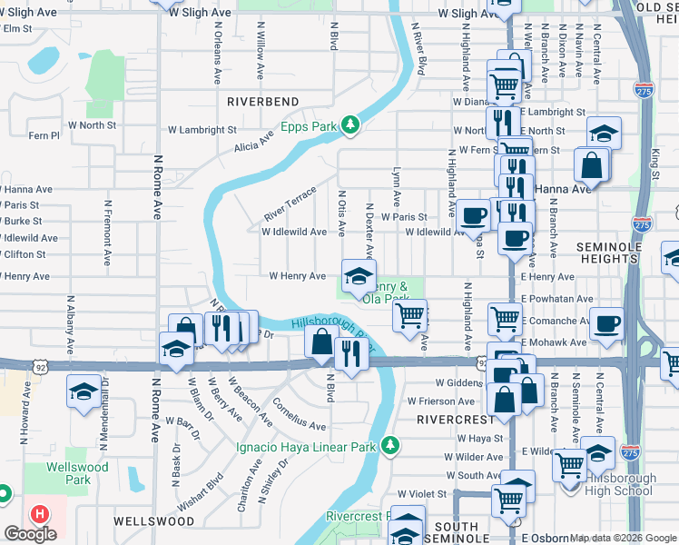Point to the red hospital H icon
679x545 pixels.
(39, 514)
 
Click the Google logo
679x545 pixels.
(30, 534)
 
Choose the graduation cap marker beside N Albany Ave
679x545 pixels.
(84, 391)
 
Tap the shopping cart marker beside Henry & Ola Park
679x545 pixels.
(410, 315)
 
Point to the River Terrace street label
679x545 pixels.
(290, 203)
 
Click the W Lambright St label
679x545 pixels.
(202, 130)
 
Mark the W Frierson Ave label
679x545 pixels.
(442, 401)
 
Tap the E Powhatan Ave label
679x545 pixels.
(556, 299)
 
